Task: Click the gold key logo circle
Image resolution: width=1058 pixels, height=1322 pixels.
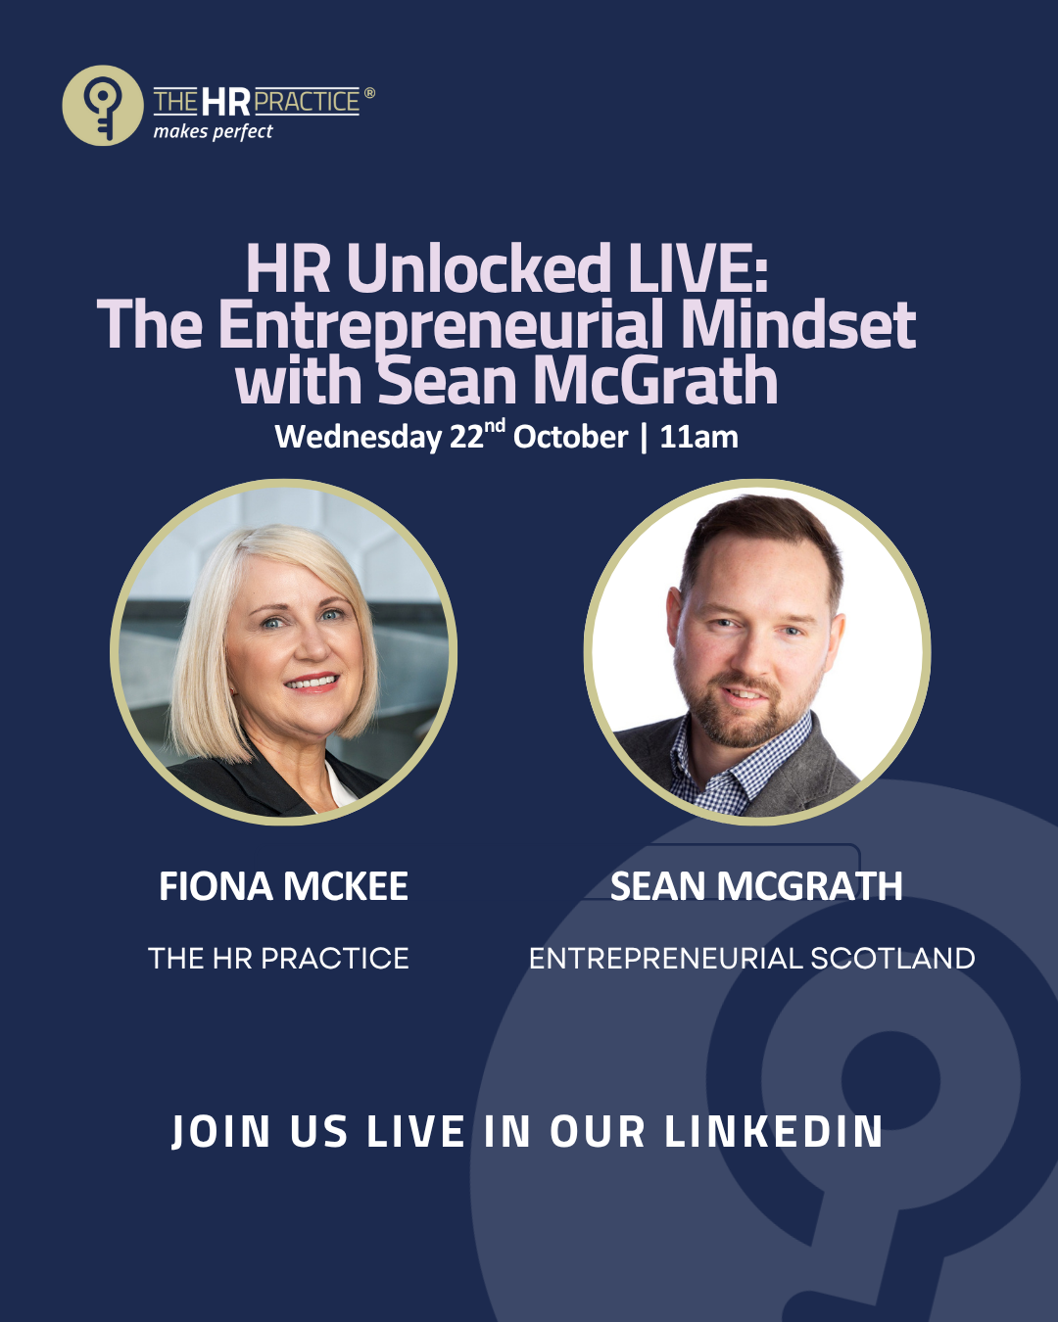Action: [x=103, y=105]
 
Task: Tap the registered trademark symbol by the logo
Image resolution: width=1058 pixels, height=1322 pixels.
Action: [x=369, y=93]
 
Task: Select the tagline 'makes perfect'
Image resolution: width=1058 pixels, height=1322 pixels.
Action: [x=213, y=132]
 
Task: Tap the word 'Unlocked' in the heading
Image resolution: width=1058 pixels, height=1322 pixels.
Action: [x=478, y=268]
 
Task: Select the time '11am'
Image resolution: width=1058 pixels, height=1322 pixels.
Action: [x=699, y=438]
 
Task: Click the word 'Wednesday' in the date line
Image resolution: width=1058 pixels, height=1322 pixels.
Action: [x=358, y=438]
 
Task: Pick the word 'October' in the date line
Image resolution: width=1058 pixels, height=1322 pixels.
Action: [x=570, y=438]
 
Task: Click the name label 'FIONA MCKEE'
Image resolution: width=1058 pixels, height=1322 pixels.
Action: [x=283, y=886]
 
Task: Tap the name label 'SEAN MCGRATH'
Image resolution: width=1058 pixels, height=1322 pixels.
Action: [x=756, y=886]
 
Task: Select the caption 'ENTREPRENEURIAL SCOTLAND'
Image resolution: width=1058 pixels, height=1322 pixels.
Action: [x=751, y=959]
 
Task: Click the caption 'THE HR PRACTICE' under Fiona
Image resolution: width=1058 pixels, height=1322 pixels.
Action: [x=278, y=959]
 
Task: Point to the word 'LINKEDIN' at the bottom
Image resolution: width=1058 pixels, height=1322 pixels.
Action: [x=774, y=1131]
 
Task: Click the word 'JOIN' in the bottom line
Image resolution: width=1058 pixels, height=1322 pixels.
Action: [x=220, y=1132]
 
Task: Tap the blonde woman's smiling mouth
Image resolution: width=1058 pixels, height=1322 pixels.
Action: [x=313, y=682]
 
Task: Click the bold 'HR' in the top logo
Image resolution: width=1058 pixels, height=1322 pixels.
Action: [x=225, y=102]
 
